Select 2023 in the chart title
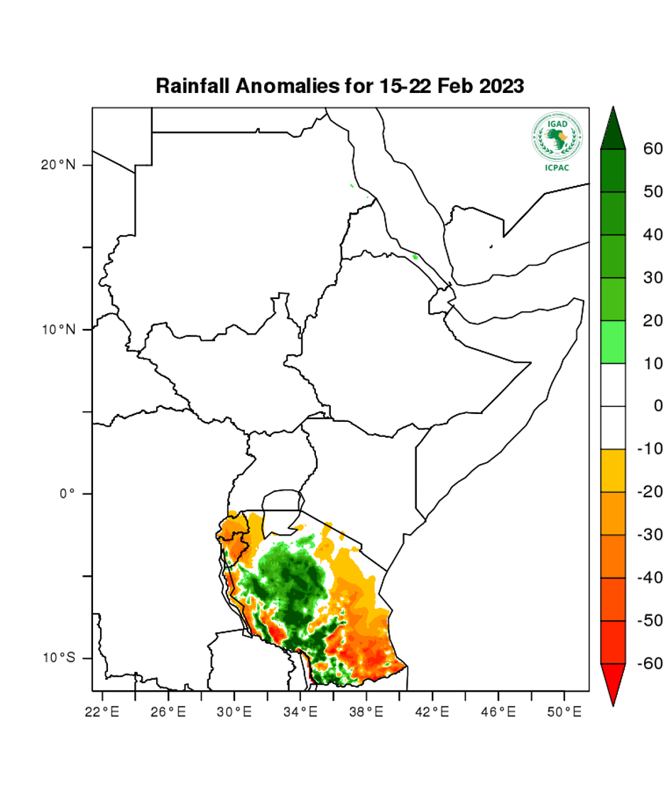(501, 87)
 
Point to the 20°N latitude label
(58, 165)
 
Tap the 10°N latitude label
(58, 330)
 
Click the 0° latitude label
(67, 494)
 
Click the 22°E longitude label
(102, 710)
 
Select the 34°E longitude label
(300, 710)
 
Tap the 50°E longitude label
(564, 710)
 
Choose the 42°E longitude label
(432, 710)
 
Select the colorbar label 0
(657, 406)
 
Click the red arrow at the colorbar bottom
(613, 682)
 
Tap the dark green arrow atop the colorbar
(613, 129)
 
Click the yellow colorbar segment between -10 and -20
(613, 470)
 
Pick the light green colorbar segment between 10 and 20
(613, 342)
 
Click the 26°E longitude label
(168, 710)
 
